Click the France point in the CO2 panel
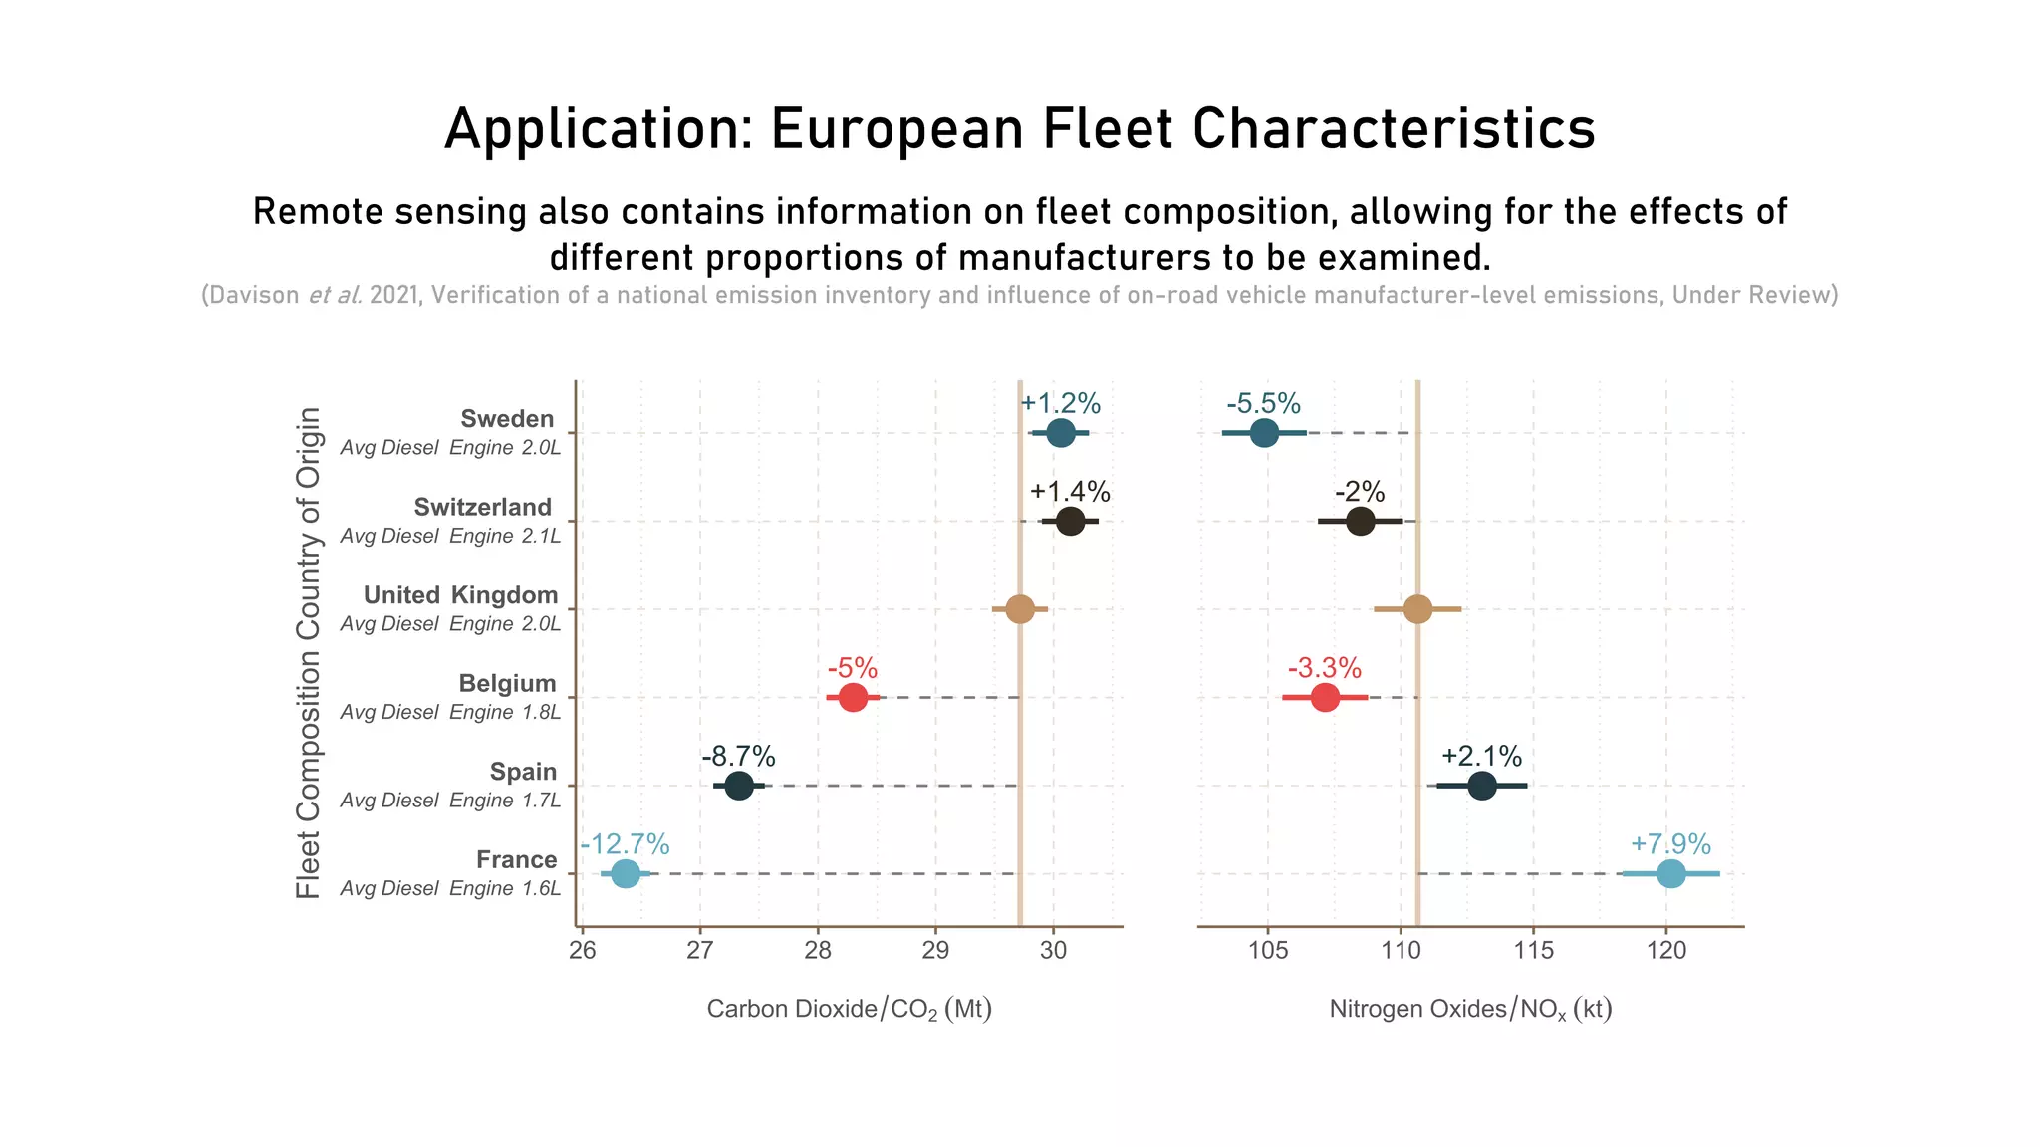[625, 874]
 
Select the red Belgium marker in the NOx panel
[1324, 697]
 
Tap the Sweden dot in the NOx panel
[1264, 433]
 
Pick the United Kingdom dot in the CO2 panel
[1019, 609]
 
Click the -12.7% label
[625, 844]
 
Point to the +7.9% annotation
[1670, 844]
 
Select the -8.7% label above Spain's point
[738, 756]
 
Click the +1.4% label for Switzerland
[1070, 492]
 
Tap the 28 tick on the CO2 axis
[818, 951]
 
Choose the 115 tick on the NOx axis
[1533, 951]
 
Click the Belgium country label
[507, 684]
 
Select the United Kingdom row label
[460, 595]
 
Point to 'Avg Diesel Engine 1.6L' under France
[450, 888]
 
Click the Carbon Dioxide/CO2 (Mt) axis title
[849, 1010]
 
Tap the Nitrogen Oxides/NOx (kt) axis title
[1470, 1010]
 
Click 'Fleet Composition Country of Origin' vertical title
[309, 652]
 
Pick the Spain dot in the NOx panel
[1481, 786]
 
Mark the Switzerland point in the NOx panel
[1360, 521]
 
